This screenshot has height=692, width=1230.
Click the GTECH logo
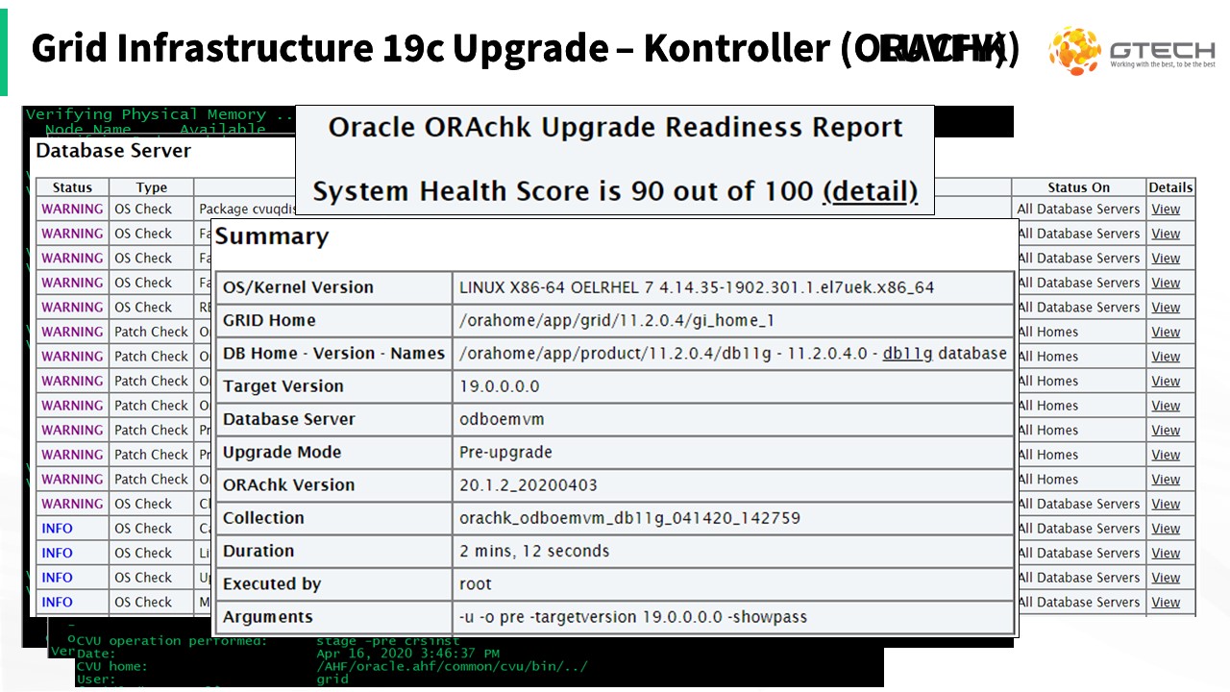click(1132, 51)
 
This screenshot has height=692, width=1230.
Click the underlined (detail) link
click(871, 191)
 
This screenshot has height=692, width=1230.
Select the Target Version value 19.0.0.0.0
click(500, 386)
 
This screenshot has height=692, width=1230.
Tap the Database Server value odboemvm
click(503, 419)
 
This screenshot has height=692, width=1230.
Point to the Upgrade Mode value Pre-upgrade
click(506, 452)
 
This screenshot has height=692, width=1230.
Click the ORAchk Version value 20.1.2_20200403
click(529, 484)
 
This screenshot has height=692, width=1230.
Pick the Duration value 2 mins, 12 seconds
click(534, 551)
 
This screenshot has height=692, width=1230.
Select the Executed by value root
click(476, 583)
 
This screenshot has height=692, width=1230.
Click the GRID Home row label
click(269, 320)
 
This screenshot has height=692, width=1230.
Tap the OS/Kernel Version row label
click(298, 287)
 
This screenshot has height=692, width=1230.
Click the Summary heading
click(272, 236)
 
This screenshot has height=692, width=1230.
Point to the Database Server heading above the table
click(113, 151)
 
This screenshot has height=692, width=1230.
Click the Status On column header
click(1078, 187)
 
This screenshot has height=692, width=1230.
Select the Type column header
click(151, 187)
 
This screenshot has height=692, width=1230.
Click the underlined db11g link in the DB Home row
click(907, 353)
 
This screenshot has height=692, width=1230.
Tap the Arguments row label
click(268, 616)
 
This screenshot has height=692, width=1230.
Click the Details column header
click(1170, 187)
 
